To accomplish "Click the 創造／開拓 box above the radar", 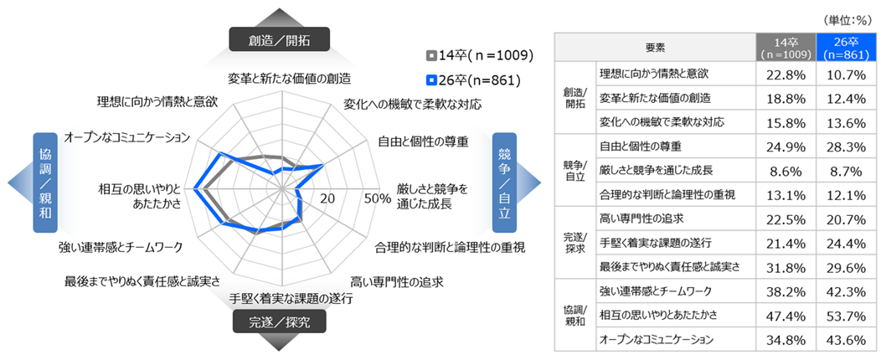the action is (x=278, y=39).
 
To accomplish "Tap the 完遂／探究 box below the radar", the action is (x=278, y=321).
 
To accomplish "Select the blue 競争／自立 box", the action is (x=506, y=180).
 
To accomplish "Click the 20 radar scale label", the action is (x=327, y=198).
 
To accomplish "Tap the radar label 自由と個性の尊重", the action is (x=424, y=139).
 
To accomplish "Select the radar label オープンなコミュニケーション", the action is (x=127, y=136).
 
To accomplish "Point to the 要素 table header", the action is (x=655, y=47).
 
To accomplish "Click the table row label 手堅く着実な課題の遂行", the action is (x=656, y=243).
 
